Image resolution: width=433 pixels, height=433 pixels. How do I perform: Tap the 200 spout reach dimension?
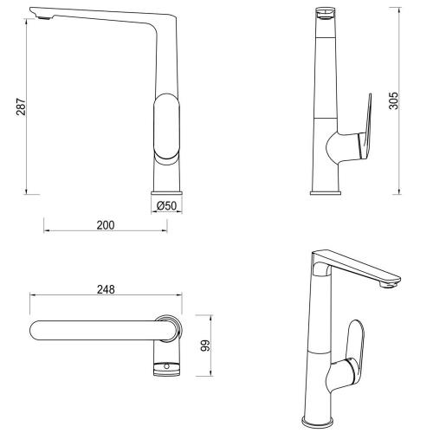[x=105, y=225]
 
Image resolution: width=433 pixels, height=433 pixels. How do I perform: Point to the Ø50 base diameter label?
[x=167, y=206]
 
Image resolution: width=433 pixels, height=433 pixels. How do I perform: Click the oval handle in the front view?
[x=167, y=127]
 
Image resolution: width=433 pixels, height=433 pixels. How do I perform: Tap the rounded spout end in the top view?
[x=39, y=330]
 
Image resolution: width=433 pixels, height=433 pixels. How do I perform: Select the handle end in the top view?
[x=168, y=370]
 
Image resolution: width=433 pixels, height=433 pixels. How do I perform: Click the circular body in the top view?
[x=170, y=330]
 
